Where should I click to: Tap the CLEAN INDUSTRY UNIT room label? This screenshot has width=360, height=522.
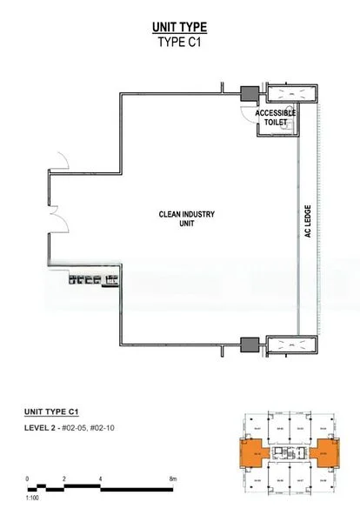coord(186,218)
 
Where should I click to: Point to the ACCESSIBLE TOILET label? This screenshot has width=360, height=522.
coord(276,118)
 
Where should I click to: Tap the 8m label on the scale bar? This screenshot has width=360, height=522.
coord(174,479)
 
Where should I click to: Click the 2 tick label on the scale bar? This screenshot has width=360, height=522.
coord(63,479)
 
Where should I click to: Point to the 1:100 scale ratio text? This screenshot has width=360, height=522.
coord(32,499)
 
